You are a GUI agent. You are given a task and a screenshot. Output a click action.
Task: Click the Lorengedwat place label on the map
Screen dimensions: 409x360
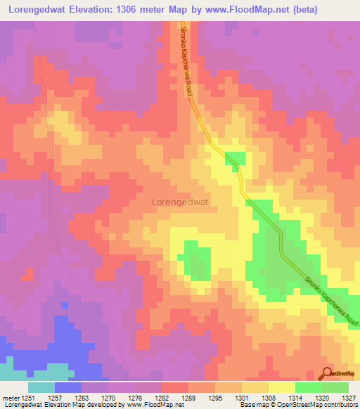(x=184, y=201)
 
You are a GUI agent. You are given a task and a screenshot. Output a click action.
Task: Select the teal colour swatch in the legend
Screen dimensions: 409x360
(x=41, y=387)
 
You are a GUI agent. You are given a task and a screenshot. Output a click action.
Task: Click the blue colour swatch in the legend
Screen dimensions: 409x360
(x=68, y=387)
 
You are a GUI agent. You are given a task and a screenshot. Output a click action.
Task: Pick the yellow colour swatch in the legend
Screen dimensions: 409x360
(x=282, y=387)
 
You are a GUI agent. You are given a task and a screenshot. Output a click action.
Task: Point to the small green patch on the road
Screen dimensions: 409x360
(x=236, y=159)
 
